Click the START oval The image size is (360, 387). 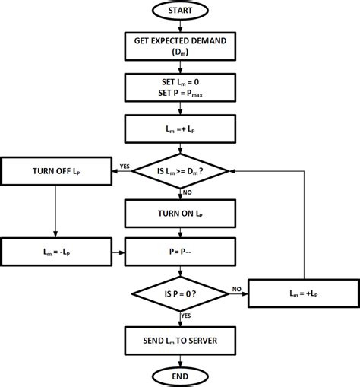pyautogui.click(x=180, y=12)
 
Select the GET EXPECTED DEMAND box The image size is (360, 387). pyautogui.click(x=180, y=46)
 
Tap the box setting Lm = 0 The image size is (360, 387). pyautogui.click(x=180, y=87)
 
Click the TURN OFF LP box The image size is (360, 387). pyautogui.click(x=58, y=170)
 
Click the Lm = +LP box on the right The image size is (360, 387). pyautogui.click(x=303, y=292)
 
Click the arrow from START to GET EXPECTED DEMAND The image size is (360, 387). pyautogui.click(x=180, y=27)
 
